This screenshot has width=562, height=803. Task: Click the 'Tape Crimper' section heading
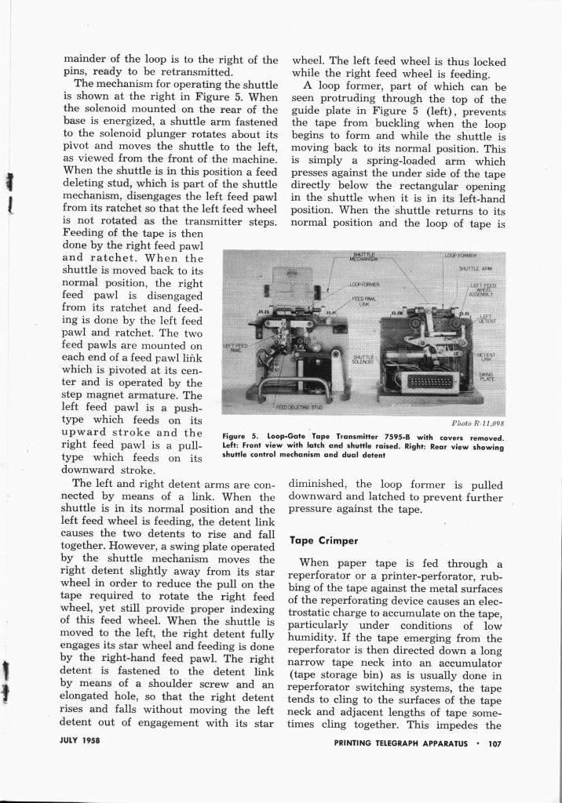point(323,540)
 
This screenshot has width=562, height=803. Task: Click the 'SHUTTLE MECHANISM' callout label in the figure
point(363,258)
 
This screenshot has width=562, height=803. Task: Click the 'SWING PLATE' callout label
point(486,377)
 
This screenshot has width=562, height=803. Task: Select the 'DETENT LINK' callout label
point(486,357)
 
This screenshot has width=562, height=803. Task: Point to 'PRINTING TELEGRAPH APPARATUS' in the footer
point(400,743)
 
